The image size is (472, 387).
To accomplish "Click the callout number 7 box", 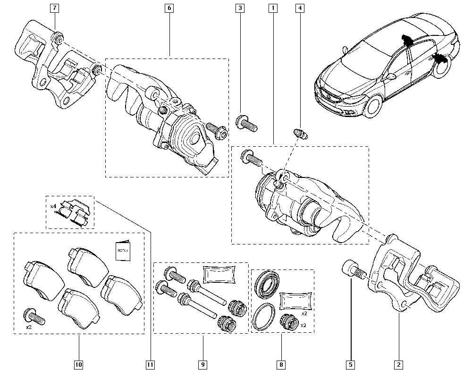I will point(55,8).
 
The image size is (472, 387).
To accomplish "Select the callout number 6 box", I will point(169,8).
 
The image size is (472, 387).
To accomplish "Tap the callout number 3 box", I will point(241,8).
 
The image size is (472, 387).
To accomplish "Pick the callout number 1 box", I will point(272,8).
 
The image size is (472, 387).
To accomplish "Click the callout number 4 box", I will point(299,8).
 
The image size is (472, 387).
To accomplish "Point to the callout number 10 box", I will point(78,364).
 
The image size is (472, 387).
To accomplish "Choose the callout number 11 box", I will point(150,364).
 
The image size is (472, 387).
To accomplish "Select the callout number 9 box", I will point(203,364).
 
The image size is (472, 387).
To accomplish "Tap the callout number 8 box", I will point(281,364).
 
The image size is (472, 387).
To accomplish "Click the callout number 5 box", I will point(351,364).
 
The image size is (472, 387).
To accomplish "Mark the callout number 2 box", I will point(399,364).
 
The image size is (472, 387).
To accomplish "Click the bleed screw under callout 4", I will point(299,134).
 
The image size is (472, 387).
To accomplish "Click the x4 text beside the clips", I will point(53,206).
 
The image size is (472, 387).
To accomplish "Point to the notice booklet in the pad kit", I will point(122,252).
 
